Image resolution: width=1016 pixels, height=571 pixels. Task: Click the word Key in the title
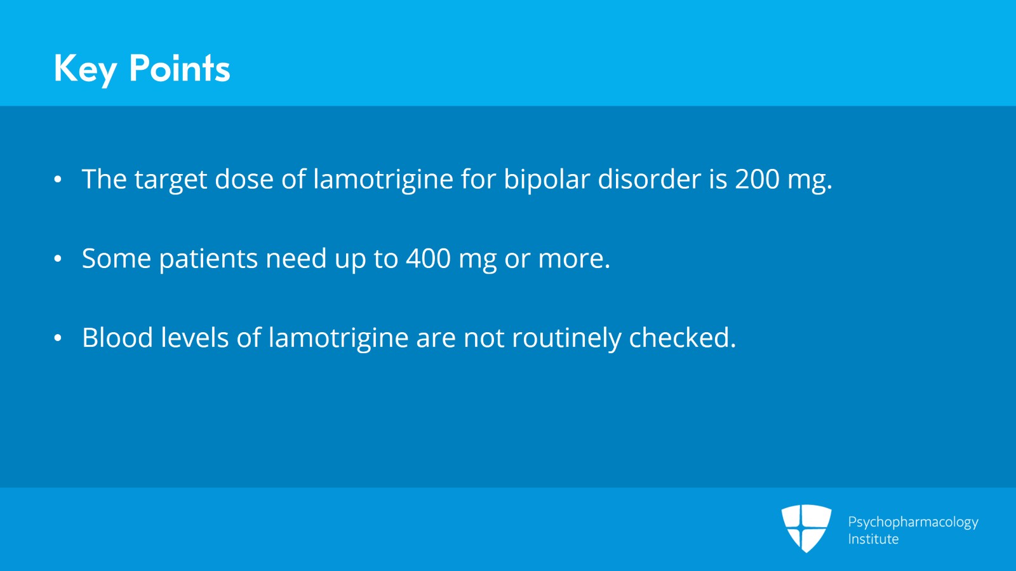85,69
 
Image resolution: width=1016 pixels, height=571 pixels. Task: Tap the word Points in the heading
180,68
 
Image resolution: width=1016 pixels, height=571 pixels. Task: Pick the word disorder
649,178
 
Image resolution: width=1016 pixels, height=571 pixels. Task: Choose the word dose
244,178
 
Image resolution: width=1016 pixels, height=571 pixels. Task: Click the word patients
208,259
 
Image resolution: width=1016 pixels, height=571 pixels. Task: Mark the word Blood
117,337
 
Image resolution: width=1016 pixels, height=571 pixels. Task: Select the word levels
194,337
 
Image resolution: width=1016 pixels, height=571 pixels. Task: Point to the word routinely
566,339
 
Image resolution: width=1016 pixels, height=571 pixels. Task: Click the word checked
682,337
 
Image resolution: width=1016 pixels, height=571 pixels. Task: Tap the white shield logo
806,528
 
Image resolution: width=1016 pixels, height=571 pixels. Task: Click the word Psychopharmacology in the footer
913,523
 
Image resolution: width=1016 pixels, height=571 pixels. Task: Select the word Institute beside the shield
873,539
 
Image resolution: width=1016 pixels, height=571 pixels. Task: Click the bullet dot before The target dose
58,179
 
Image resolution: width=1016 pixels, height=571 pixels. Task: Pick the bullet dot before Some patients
58,259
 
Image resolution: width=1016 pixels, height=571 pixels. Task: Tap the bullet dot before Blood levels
58,338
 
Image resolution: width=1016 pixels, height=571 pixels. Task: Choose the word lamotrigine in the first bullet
384,180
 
